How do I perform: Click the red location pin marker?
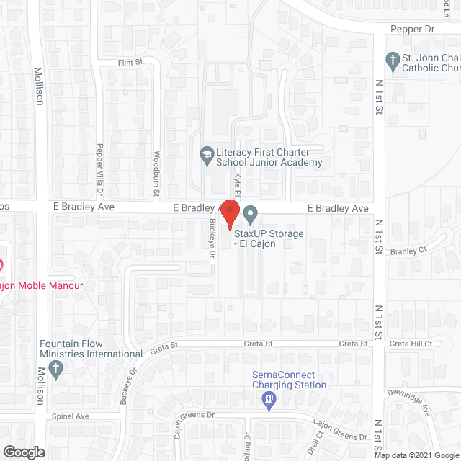coord(230,214)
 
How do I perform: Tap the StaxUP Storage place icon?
coord(251,214)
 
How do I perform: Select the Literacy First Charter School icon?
coord(206,154)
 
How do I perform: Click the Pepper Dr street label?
coord(412,29)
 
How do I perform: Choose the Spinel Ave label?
coord(70,416)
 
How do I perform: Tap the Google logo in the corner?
coord(23,452)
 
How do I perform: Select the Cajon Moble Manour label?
coord(41,286)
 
